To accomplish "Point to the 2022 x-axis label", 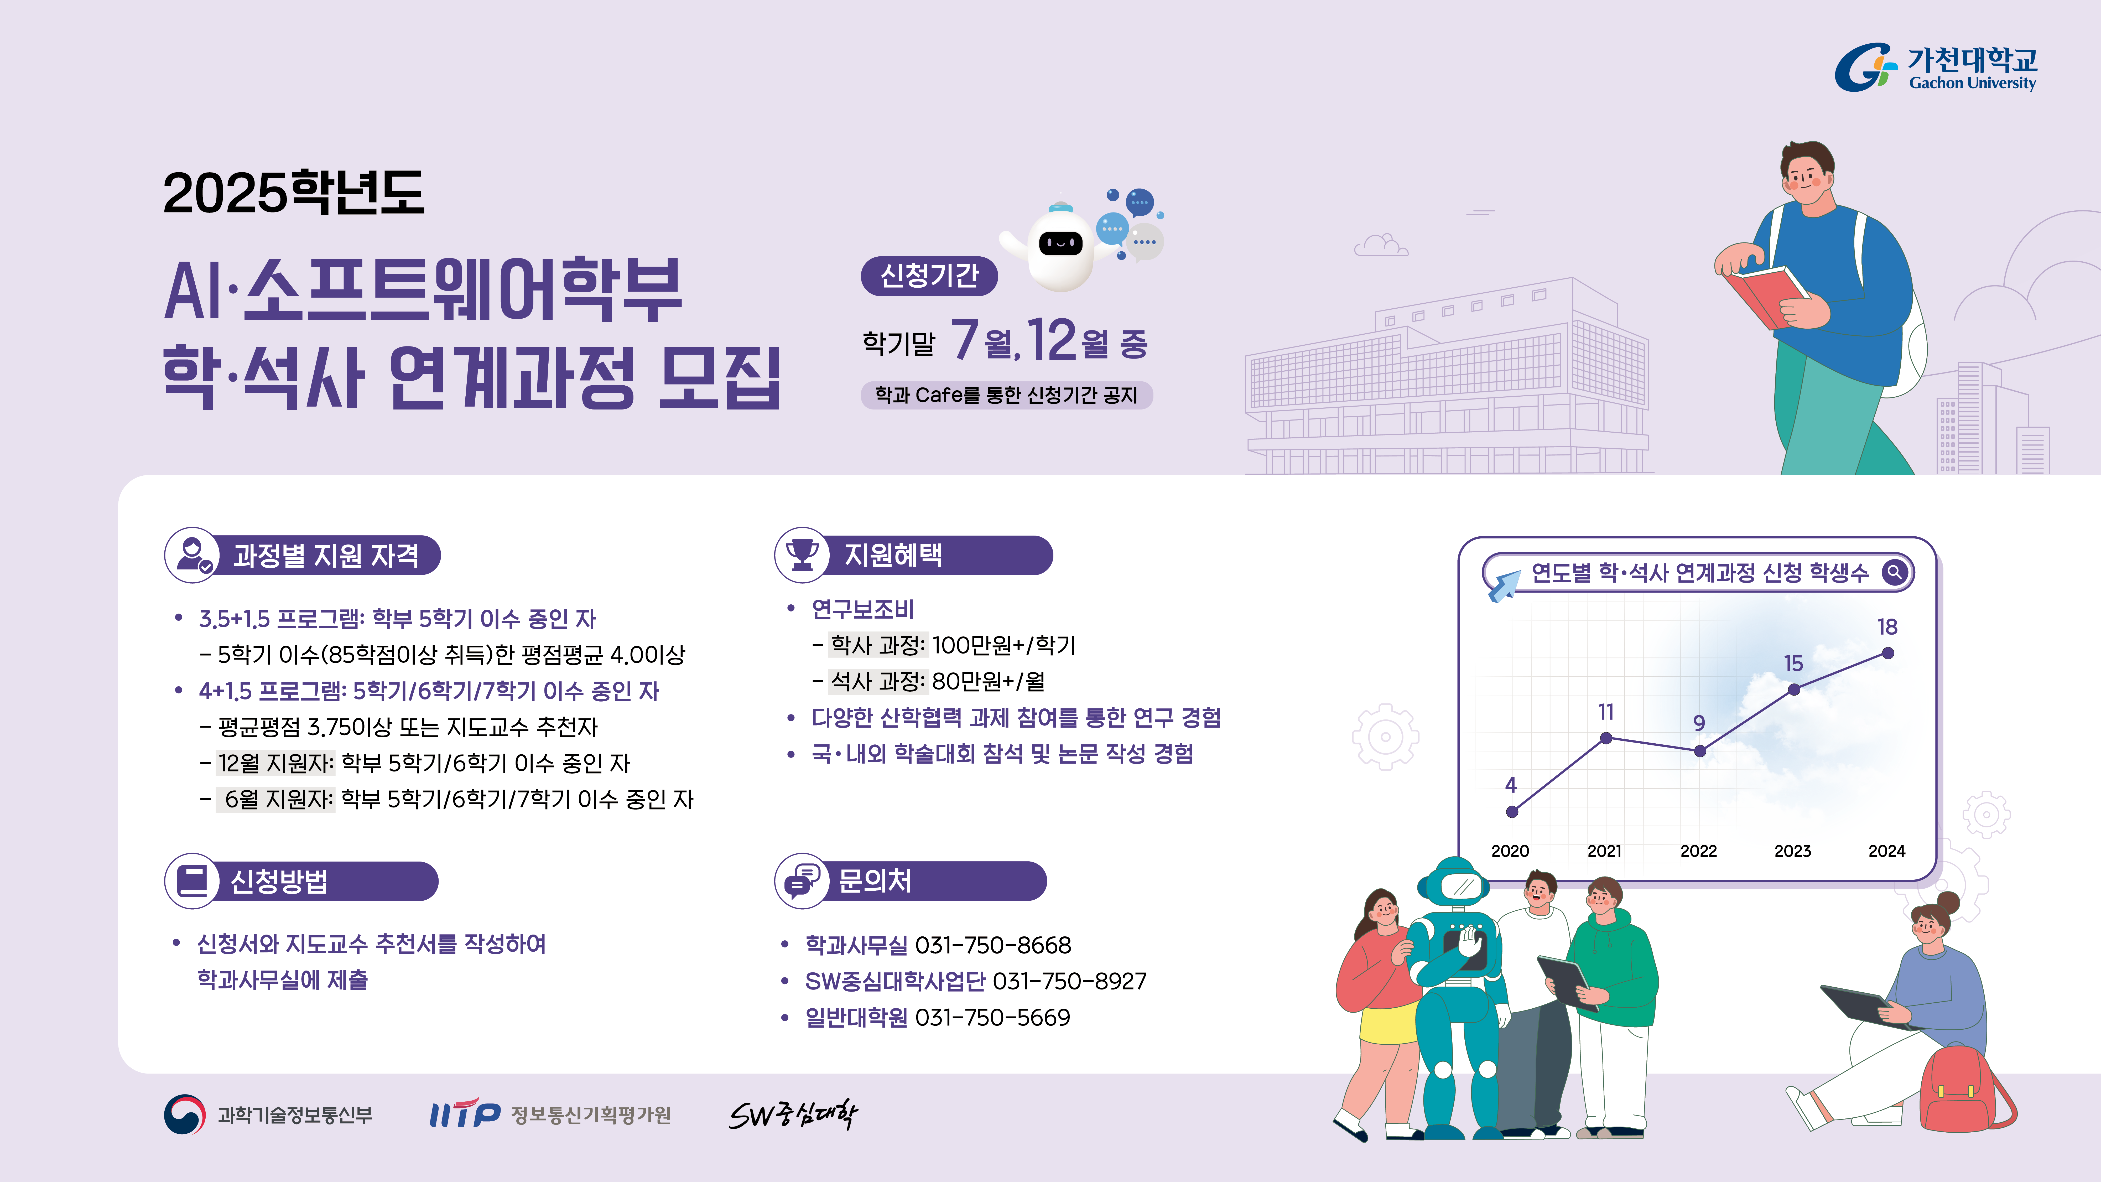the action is pyautogui.click(x=1699, y=851).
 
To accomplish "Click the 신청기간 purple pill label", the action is pyautogui.click(x=929, y=276).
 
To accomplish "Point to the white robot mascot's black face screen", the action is pyautogui.click(x=1060, y=242).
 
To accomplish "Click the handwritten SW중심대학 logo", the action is pyautogui.click(x=793, y=1114).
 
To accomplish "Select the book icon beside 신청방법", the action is pyautogui.click(x=193, y=881).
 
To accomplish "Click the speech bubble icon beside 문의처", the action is pyautogui.click(x=802, y=881).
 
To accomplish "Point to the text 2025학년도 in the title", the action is pyautogui.click(x=294, y=193).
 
